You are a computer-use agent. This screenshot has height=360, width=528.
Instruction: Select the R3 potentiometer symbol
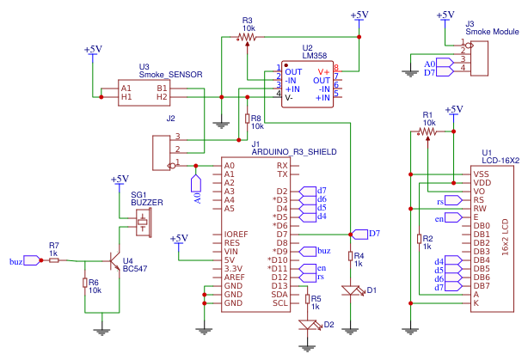248,38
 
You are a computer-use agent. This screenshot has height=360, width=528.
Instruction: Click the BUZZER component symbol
142,223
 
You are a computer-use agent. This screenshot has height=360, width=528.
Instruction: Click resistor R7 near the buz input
54,260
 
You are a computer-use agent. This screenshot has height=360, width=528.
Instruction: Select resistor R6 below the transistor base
85,284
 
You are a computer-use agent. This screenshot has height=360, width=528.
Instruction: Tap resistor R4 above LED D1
351,256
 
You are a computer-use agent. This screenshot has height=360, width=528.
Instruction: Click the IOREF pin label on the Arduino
236,234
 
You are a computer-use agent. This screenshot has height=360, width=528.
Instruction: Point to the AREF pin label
234,277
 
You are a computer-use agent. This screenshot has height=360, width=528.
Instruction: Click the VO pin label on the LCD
480,191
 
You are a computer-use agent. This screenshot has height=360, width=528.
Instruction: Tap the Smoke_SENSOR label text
170,75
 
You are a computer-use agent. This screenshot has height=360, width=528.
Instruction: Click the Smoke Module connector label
492,32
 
